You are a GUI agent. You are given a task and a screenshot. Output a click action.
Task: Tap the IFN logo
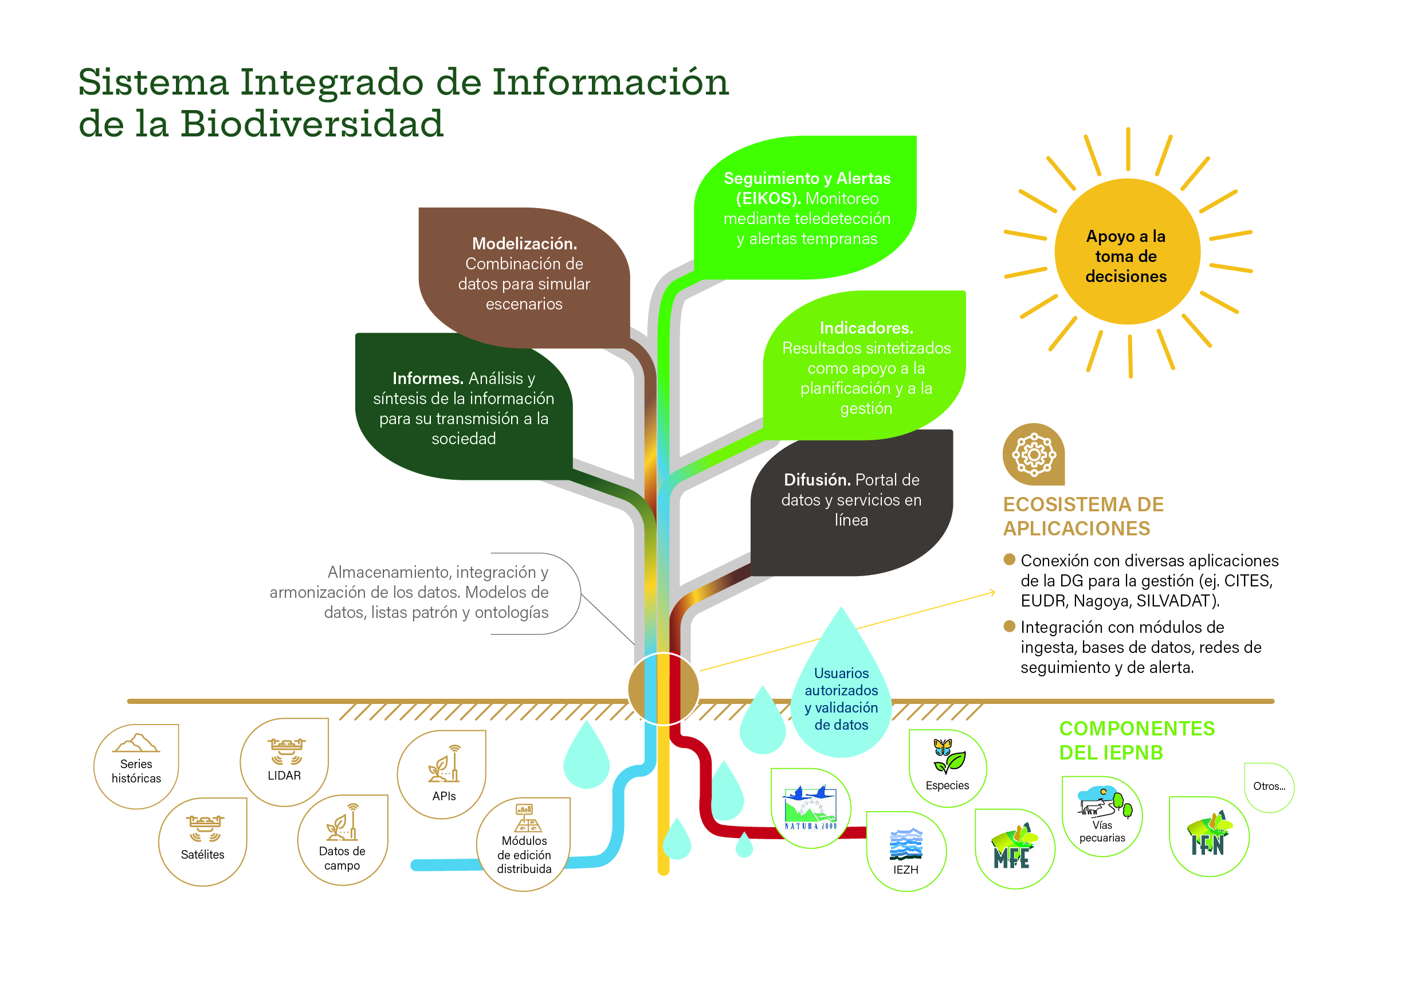click(x=1209, y=836)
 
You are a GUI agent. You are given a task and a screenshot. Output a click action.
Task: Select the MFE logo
click(x=1014, y=848)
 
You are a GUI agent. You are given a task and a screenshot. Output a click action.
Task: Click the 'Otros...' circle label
click(x=1269, y=786)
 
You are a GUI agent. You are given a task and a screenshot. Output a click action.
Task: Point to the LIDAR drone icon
click(x=286, y=750)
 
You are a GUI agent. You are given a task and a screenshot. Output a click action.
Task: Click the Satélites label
click(x=202, y=855)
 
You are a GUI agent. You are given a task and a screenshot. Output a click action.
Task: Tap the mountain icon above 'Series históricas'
click(x=136, y=742)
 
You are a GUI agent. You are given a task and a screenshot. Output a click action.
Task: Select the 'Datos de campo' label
click(x=341, y=858)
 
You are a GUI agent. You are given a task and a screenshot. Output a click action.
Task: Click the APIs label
click(x=443, y=796)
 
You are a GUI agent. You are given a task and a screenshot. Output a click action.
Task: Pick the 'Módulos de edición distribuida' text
click(x=524, y=855)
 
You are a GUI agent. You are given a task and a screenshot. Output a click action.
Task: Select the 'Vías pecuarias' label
click(x=1102, y=831)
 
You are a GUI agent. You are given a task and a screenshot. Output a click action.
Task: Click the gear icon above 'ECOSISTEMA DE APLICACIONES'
click(x=1033, y=455)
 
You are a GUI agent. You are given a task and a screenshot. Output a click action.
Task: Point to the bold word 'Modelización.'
click(x=524, y=244)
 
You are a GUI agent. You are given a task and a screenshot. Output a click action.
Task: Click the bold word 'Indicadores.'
click(x=866, y=328)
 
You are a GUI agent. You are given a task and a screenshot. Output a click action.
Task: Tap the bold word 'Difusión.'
click(x=817, y=480)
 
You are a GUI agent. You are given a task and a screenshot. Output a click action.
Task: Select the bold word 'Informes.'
click(x=427, y=378)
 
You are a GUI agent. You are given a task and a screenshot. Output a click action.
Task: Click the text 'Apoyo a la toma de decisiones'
click(x=1126, y=256)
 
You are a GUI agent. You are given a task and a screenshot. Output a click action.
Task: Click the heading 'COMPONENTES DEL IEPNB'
click(x=1137, y=740)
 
